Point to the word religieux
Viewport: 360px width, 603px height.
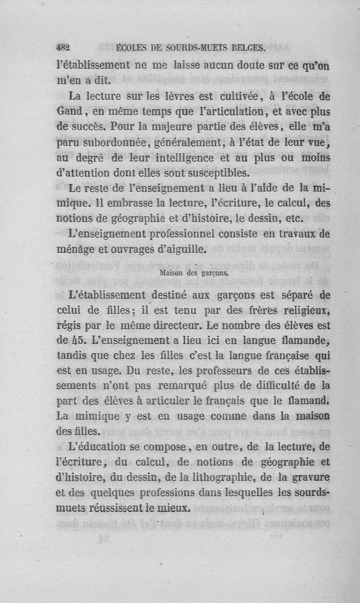tap(306, 310)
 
